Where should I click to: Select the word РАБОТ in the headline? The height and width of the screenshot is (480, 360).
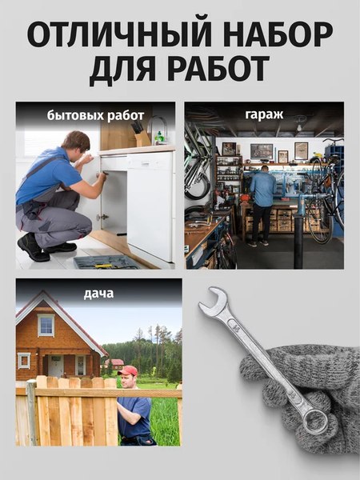tap(214, 71)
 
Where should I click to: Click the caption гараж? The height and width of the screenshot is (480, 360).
tap(264, 114)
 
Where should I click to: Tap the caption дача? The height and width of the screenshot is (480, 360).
tap(98, 294)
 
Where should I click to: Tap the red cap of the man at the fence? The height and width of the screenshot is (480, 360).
tap(127, 370)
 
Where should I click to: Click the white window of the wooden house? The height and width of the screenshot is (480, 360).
tap(46, 325)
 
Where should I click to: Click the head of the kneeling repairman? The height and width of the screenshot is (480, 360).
tap(76, 145)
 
